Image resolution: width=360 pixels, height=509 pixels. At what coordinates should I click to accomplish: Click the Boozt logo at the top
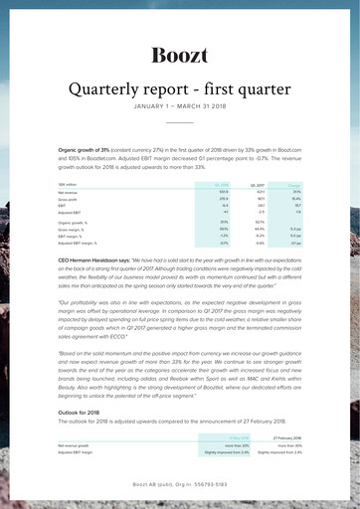point(179,54)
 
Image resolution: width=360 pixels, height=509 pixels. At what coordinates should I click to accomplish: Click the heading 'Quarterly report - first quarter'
point(179,90)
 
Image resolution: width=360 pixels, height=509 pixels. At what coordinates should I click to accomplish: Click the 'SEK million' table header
point(70,184)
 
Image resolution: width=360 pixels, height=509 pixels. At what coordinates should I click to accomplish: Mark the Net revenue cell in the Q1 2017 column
point(258,192)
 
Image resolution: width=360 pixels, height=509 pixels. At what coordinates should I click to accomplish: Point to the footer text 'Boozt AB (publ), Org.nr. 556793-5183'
point(179,484)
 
